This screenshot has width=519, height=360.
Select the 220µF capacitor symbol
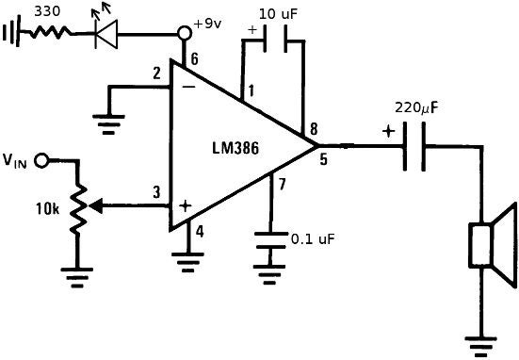tap(414, 146)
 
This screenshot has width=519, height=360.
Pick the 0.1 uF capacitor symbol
tap(270, 244)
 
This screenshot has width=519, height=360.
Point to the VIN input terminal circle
tap(41, 161)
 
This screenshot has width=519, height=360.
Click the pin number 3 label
tap(157, 193)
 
